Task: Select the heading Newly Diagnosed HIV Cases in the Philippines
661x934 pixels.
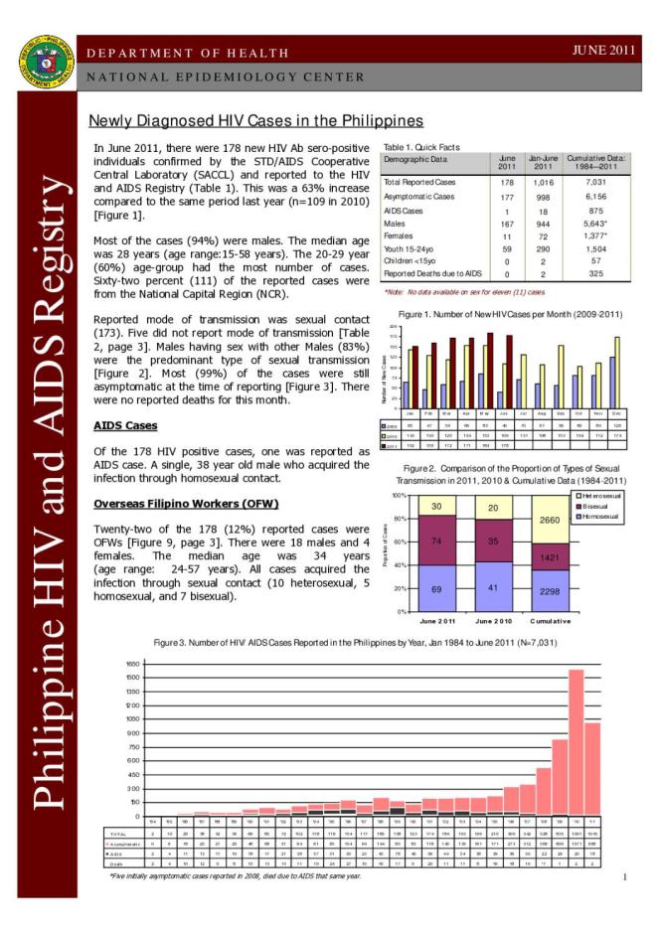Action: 256,121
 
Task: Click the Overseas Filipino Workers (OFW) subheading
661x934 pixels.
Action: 186,503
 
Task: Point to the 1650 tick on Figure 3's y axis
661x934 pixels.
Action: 132,664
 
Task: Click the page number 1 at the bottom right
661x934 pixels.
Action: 624,877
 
